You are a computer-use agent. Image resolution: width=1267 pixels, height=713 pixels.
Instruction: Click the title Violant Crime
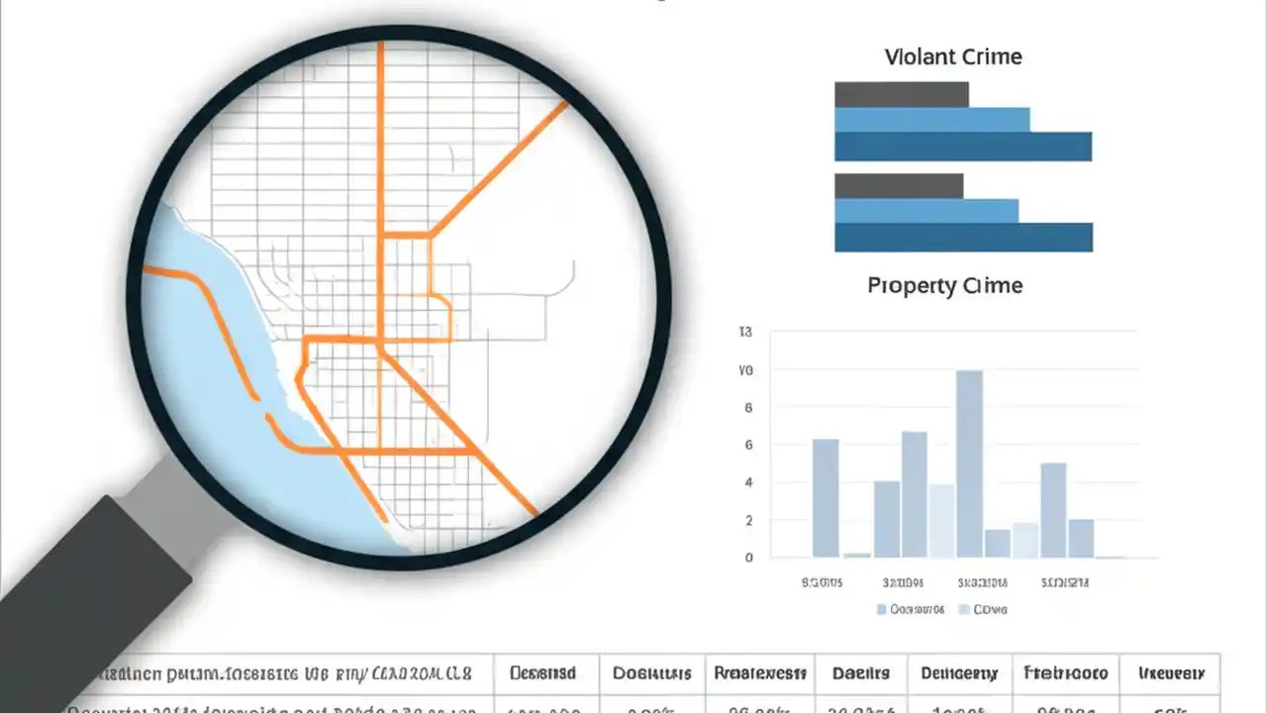pos(953,56)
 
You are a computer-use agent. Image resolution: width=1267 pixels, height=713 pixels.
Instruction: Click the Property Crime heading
pos(944,285)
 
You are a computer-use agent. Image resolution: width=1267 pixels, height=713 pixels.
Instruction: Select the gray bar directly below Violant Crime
pos(901,94)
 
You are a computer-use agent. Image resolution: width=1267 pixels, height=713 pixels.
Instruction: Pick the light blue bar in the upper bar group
pos(931,120)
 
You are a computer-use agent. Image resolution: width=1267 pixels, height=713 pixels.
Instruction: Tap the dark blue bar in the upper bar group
pos(962,147)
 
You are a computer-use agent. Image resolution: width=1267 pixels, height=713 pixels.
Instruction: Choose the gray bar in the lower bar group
pos(898,185)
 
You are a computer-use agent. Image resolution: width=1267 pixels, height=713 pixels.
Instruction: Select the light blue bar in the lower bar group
pos(926,211)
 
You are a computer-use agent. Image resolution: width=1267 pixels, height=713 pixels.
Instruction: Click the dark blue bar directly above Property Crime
pos(962,238)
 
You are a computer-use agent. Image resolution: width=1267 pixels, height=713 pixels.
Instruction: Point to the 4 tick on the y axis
pos(748,482)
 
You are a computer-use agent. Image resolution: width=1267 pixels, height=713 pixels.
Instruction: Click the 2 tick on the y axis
pos(748,520)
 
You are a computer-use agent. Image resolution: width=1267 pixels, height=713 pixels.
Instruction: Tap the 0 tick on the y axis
pos(748,558)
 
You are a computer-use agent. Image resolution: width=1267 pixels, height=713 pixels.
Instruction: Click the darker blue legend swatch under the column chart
pos(881,610)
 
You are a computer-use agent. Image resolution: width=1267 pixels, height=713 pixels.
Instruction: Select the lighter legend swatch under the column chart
pos(965,610)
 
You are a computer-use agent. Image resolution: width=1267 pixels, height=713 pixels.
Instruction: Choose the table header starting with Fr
pos(1065,673)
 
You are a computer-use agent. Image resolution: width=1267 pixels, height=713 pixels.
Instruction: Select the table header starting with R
pos(759,673)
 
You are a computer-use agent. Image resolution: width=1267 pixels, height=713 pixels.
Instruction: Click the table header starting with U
pos(1171,673)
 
